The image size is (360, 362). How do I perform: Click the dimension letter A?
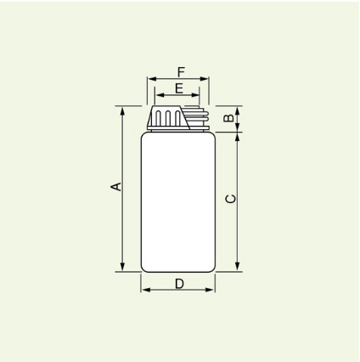coord(115,187)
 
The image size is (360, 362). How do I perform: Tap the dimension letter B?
coord(228,118)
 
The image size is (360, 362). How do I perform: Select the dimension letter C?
coord(230,199)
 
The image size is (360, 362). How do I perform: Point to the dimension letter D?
coord(179,284)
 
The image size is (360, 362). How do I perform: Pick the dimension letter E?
coord(179,88)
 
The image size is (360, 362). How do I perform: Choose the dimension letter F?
coord(181,72)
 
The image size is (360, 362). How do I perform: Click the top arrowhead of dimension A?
coord(122,111)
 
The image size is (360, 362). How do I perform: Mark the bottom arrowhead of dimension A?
coord(122,267)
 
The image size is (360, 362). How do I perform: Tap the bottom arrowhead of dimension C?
coord(238,267)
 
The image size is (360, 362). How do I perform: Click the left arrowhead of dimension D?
coord(146,290)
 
